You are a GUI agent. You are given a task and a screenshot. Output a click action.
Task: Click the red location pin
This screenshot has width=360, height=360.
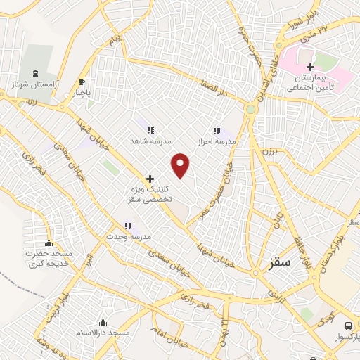pyautogui.click(x=181, y=165)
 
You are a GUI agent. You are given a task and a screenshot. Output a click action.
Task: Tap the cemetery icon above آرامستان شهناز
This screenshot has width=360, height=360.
pyautogui.click(x=37, y=73)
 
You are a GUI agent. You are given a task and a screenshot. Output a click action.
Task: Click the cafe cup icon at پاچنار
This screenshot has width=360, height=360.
pyautogui.click(x=82, y=82)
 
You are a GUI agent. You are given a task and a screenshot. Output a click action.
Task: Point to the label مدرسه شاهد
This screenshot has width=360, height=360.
pyautogui.click(x=150, y=141)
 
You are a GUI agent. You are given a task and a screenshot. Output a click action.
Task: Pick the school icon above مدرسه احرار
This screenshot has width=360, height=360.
pyautogui.click(x=217, y=130)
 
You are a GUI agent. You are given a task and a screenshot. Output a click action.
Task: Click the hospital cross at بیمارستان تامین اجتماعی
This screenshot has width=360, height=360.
pyautogui.click(x=310, y=66)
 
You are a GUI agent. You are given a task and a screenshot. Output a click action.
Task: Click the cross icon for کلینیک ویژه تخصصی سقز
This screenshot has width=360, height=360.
pyautogui.click(x=150, y=179)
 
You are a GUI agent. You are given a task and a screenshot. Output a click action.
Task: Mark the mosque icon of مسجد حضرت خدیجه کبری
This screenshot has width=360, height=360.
pyautogui.click(x=49, y=241)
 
